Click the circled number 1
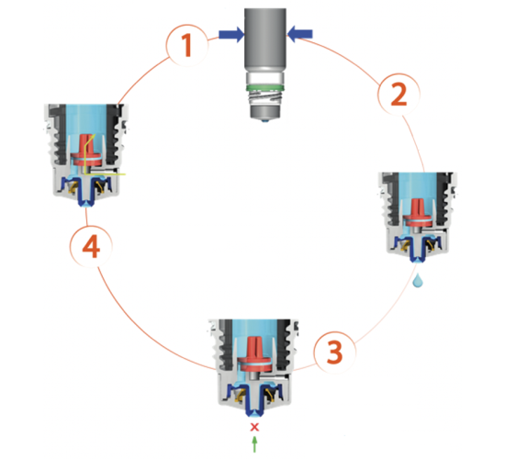(x=187, y=45)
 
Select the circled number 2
(x=398, y=94)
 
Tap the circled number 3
(x=335, y=353)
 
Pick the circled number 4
(x=91, y=246)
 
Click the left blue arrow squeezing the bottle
(x=231, y=34)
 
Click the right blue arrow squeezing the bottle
(x=299, y=34)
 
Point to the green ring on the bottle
(x=264, y=87)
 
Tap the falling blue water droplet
(x=418, y=280)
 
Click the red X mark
(x=254, y=427)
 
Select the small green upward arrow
(x=254, y=444)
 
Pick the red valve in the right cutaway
(x=418, y=213)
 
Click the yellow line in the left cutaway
(x=85, y=154)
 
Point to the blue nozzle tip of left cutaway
(x=86, y=203)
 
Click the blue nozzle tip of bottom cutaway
(x=254, y=413)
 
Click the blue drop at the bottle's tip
(x=264, y=121)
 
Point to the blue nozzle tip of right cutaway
(x=418, y=261)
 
